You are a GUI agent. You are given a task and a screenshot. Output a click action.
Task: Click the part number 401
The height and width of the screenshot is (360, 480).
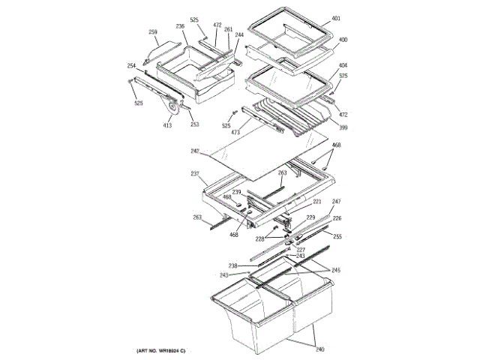[337, 17]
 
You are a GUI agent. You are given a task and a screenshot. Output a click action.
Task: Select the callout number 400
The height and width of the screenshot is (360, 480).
[343, 40]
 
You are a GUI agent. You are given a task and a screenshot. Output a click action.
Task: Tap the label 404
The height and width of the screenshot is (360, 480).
[343, 66]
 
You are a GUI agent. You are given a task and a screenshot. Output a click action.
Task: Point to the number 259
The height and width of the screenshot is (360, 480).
[153, 31]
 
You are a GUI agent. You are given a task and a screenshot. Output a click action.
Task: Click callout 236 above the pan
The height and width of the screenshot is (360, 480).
[180, 26]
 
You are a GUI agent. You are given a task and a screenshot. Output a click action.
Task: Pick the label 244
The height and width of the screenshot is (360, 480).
[239, 36]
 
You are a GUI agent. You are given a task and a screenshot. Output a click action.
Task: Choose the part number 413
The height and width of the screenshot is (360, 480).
[167, 125]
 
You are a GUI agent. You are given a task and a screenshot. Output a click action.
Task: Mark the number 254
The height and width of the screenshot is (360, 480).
[131, 66]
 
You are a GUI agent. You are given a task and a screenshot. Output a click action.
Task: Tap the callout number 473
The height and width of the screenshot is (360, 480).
[235, 133]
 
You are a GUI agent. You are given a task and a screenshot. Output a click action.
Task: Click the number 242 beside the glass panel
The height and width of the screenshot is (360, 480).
[195, 152]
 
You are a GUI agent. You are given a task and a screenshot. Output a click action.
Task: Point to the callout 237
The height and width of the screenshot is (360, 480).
[194, 175]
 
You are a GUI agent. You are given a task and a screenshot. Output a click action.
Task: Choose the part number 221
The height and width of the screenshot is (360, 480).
[317, 202]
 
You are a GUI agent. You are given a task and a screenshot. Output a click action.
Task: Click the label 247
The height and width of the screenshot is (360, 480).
[337, 202]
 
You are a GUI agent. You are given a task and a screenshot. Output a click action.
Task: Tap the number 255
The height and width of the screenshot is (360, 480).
[337, 236]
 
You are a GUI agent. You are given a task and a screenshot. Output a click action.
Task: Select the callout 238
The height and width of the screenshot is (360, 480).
[233, 265]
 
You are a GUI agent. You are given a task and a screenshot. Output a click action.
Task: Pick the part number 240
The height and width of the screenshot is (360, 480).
[321, 349]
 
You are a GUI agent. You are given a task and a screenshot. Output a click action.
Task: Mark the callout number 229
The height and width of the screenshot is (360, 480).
[310, 217]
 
